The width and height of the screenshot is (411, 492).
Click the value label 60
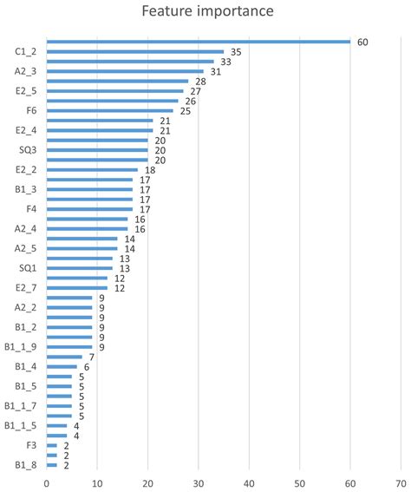click(363, 42)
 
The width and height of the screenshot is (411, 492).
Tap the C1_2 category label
click(26, 52)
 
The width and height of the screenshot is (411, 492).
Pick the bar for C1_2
click(134, 52)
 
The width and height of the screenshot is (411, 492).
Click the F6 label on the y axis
click(32, 111)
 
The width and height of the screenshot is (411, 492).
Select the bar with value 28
click(117, 82)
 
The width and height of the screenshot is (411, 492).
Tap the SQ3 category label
click(29, 150)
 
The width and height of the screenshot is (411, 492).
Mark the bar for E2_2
click(92, 170)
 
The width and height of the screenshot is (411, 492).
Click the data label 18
click(150, 170)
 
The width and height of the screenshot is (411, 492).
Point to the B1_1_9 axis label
click(22, 347)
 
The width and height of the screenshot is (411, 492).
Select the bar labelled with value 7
click(64, 357)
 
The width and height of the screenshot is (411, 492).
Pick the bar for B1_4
click(62, 366)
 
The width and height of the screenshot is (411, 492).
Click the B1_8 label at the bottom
click(26, 465)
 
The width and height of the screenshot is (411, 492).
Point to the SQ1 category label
click(29, 268)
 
